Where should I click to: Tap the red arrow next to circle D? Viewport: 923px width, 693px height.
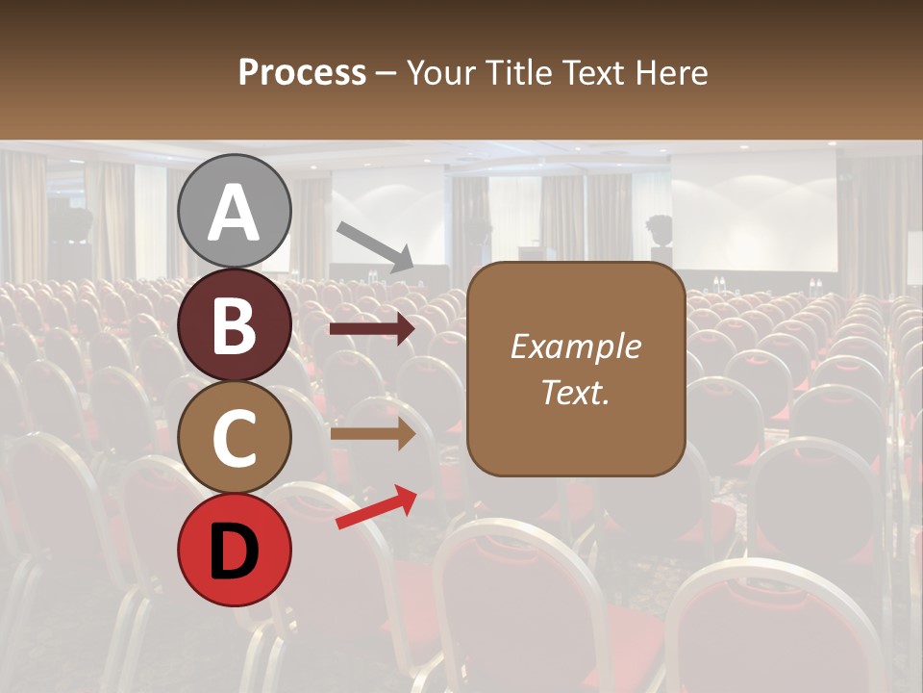376,507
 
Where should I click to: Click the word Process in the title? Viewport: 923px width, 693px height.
302,73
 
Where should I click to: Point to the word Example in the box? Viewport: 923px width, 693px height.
575,346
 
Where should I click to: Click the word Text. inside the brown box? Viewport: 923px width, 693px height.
575,392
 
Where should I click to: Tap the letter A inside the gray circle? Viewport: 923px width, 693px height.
234,213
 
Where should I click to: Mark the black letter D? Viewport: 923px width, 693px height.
234,551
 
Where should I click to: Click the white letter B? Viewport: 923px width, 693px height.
234,324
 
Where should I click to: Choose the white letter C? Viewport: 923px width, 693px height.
234,438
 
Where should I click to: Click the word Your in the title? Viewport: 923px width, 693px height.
444,73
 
